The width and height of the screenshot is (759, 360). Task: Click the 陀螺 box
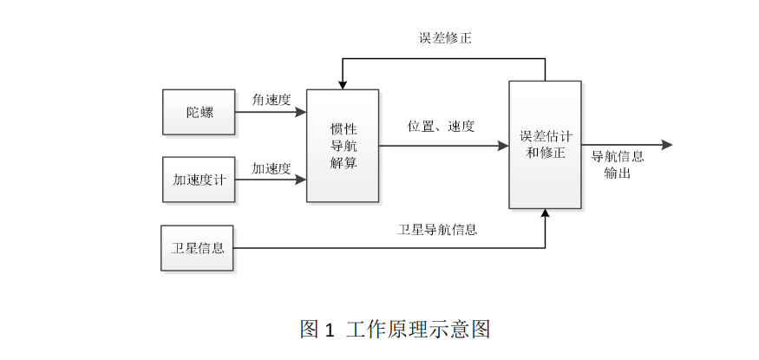[199, 112]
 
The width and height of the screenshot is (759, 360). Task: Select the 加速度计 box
[199, 180]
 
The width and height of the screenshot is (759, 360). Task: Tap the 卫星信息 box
[197, 248]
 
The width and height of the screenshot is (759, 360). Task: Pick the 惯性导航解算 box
[343, 146]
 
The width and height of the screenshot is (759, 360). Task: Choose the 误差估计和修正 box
[545, 145]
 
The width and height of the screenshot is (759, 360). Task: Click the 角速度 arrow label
[272, 100]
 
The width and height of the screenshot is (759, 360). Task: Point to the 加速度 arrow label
[272, 168]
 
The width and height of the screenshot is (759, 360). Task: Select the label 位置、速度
[442, 127]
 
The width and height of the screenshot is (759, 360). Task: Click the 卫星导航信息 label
[438, 230]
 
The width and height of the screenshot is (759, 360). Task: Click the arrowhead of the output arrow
[666, 146]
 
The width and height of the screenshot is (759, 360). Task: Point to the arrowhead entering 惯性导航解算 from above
[343, 85]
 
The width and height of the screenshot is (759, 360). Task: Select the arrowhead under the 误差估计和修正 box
[545, 214]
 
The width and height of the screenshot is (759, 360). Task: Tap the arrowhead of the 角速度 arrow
[301, 112]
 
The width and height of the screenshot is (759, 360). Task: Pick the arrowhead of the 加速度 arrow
[301, 180]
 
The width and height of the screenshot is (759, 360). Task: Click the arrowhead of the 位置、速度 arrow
[503, 146]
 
